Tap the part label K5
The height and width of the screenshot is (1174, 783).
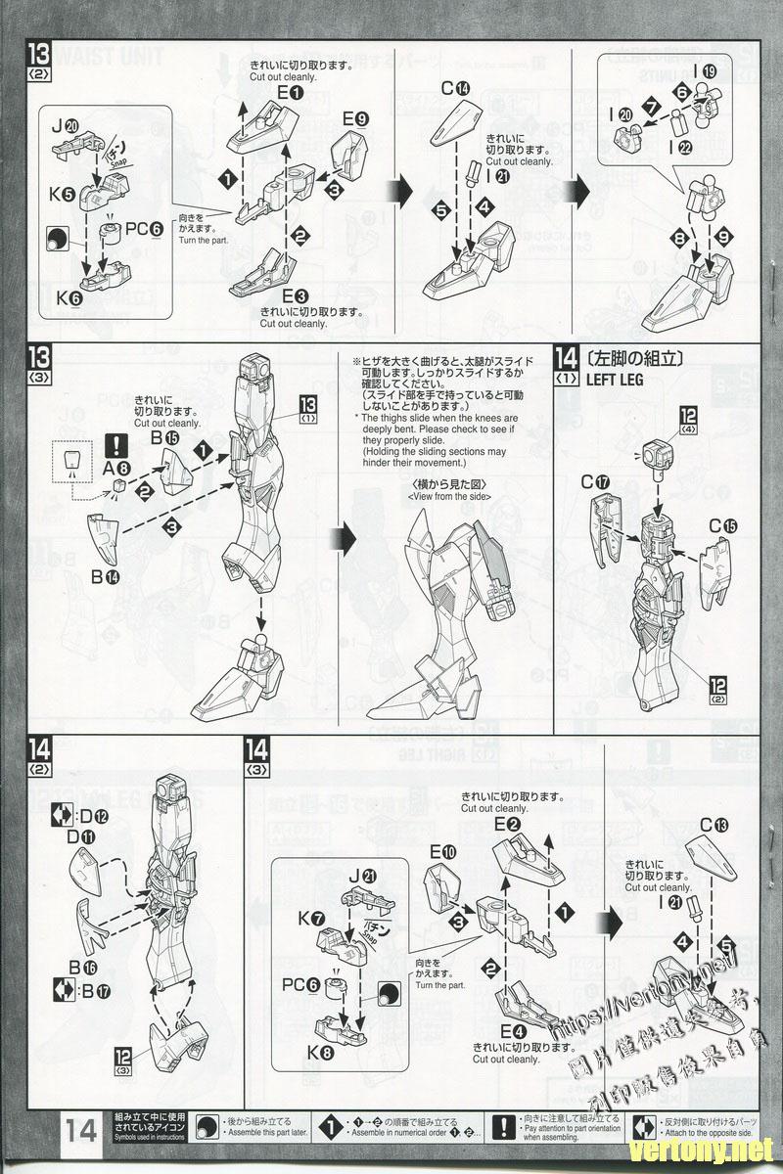(x=68, y=193)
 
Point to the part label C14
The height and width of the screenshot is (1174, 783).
(x=455, y=89)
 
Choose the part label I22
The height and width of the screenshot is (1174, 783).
(x=682, y=147)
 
